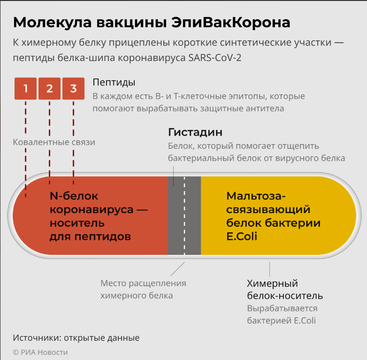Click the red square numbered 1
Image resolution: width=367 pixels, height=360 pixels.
click(25, 89)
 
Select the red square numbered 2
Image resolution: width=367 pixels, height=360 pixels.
click(49, 89)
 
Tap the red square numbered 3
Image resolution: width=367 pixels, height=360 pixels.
click(74, 89)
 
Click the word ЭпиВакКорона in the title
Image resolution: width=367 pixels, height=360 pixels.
click(231, 23)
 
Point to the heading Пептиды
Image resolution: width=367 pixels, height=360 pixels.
click(114, 83)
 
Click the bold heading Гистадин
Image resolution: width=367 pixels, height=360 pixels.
click(195, 132)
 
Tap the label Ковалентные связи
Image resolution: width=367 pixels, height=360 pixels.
click(54, 142)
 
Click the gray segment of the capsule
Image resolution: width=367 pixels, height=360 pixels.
click(184, 215)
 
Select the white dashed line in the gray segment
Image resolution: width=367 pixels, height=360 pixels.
click(184, 215)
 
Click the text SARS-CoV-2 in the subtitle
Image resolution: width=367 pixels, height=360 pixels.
click(215, 58)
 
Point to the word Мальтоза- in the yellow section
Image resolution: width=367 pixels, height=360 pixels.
click(256, 196)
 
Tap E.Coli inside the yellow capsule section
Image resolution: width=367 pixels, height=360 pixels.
click(242, 237)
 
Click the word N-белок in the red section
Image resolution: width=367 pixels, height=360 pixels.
click(74, 196)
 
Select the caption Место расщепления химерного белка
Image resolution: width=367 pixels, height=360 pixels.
click(144, 289)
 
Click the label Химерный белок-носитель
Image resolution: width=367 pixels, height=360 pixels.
click(285, 290)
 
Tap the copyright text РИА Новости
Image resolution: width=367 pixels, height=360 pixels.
click(44, 352)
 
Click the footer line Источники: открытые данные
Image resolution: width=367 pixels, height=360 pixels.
click(76, 338)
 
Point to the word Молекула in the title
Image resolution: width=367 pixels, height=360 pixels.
click(53, 23)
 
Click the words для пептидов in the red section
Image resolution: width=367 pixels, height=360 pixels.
click(91, 237)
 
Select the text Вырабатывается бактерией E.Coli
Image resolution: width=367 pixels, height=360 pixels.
click(282, 314)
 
